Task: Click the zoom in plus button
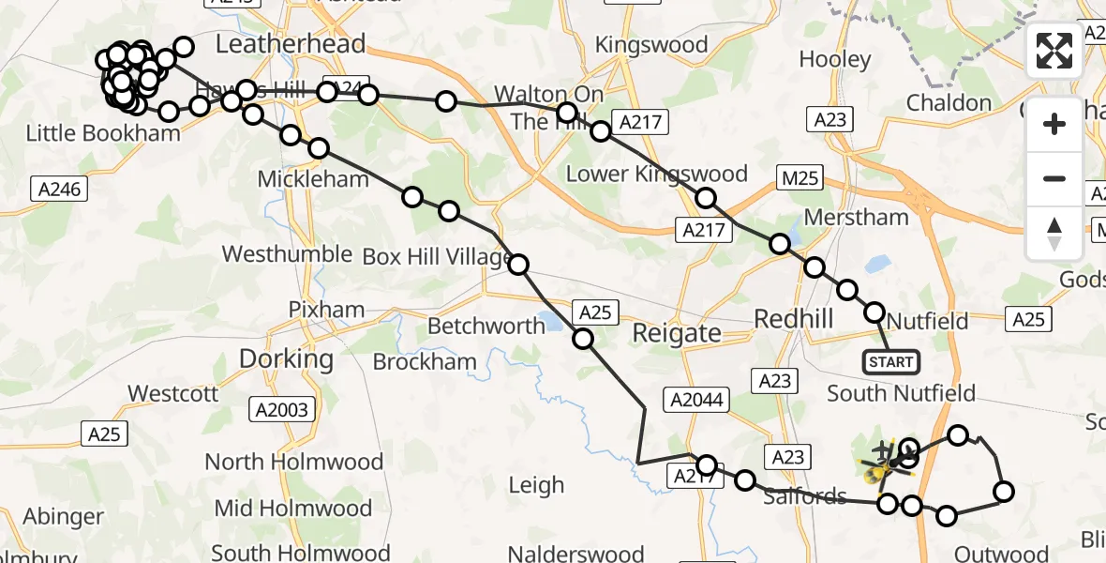point(1054,124)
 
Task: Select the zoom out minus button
point(1054,178)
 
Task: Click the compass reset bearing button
point(1054,233)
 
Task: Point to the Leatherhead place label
point(291,44)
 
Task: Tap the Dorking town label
point(286,358)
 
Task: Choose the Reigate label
point(677,332)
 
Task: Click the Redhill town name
point(794,319)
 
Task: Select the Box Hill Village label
point(437,256)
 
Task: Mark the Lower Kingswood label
point(657,174)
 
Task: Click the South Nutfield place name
point(902,393)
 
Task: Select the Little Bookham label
point(102,133)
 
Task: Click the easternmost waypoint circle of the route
point(1004,492)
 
